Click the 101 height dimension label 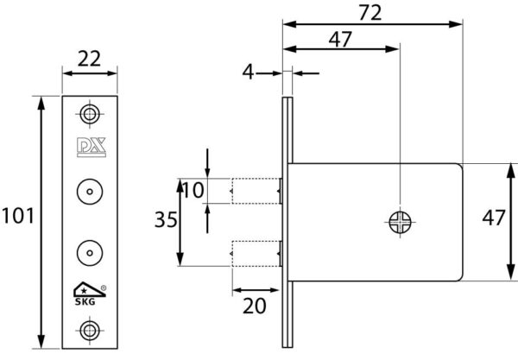(x=18, y=216)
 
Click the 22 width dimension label (x=89, y=59)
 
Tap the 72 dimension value (x=370, y=13)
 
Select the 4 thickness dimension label (x=248, y=72)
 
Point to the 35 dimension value (x=166, y=219)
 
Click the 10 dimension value (x=193, y=190)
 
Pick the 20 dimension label (x=255, y=306)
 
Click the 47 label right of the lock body (x=494, y=218)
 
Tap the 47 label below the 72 (x=340, y=40)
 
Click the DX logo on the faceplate (x=92, y=147)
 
